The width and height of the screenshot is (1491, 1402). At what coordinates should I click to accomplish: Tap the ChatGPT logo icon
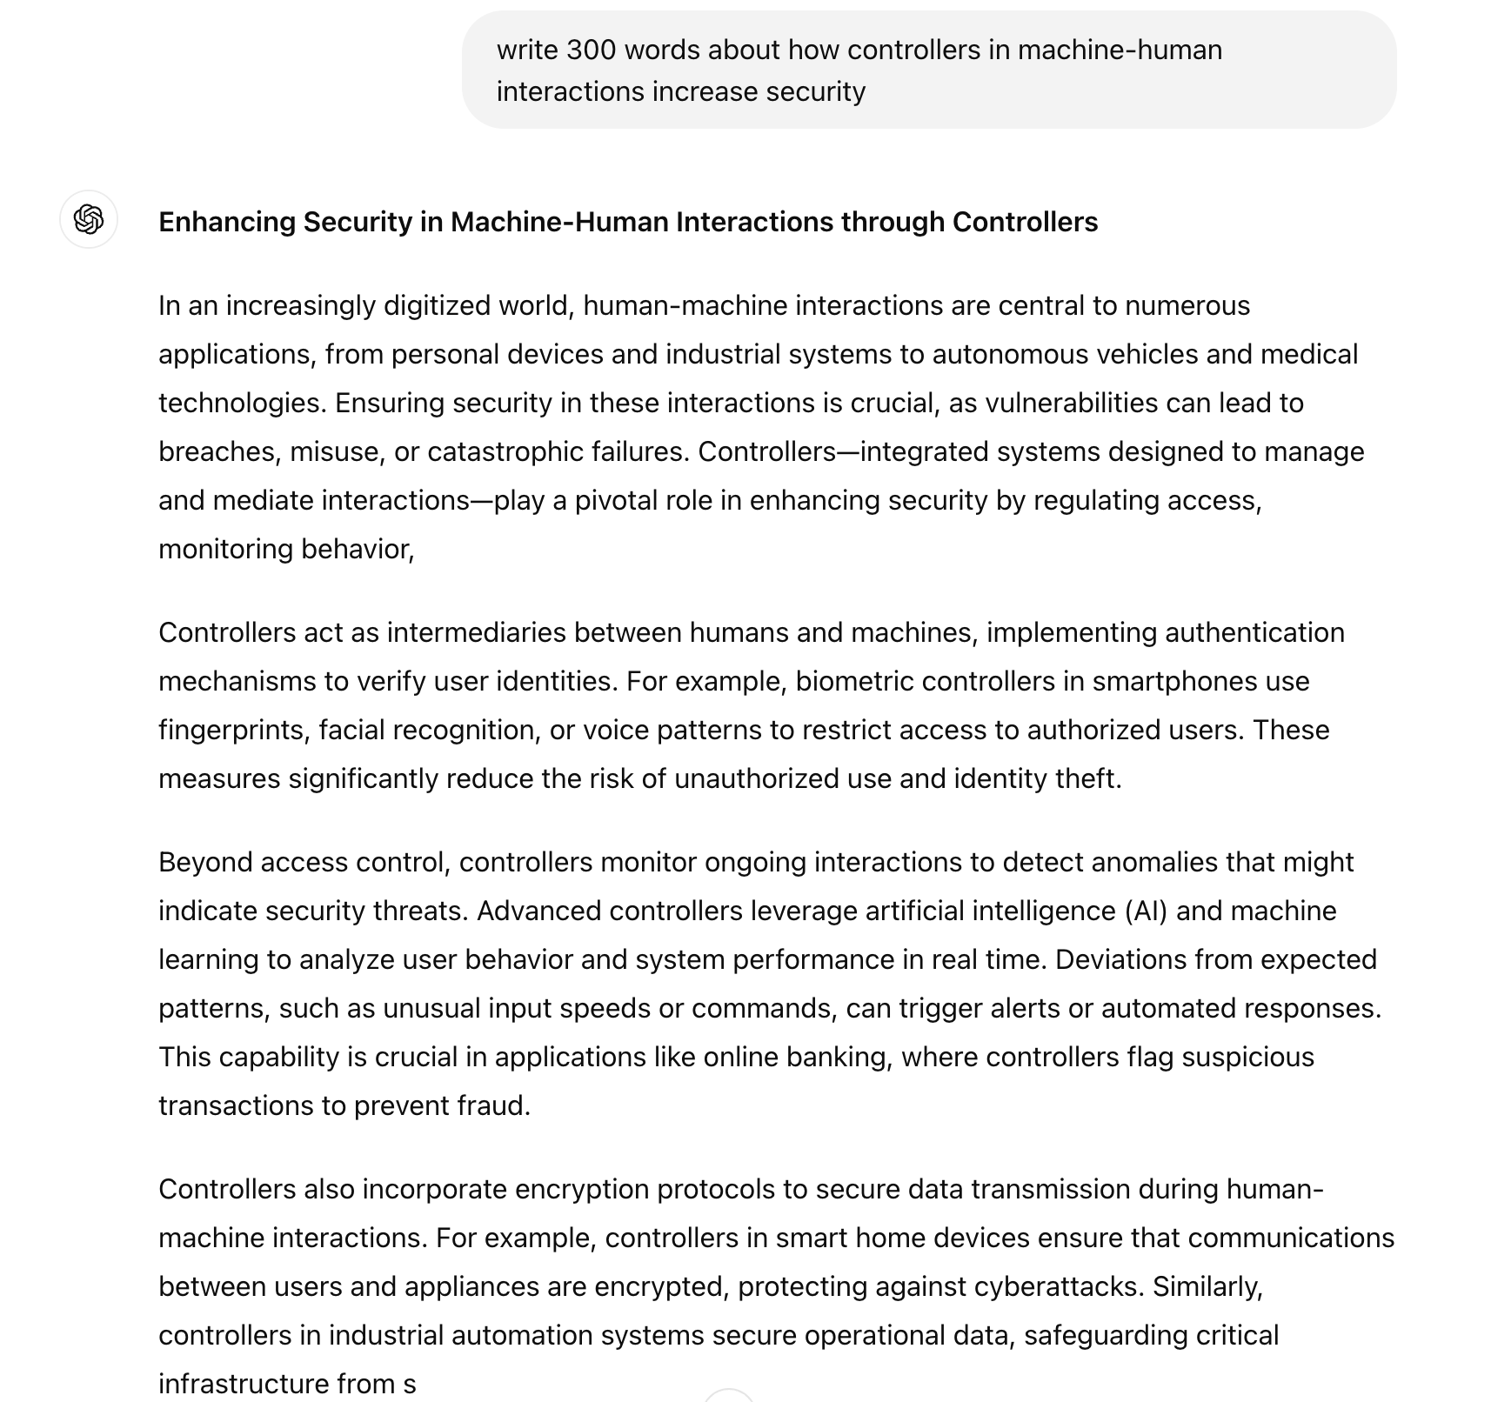(89, 219)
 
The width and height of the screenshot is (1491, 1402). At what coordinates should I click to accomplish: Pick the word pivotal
(614, 501)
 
